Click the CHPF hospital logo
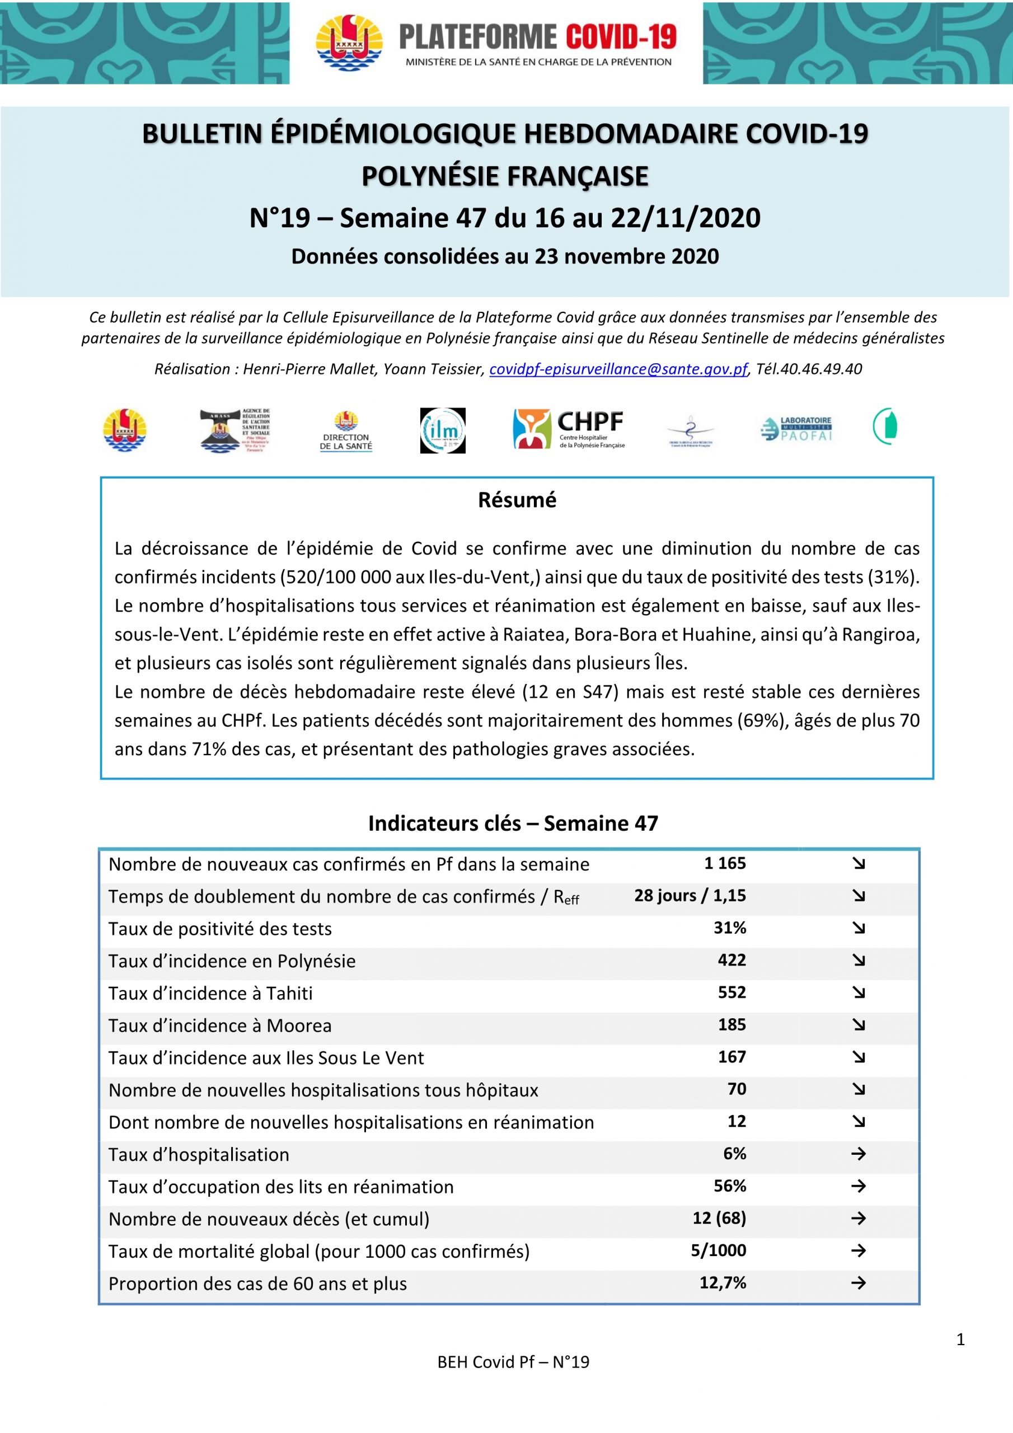click(x=568, y=429)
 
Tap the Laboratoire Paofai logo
click(x=796, y=429)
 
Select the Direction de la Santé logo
click(x=346, y=430)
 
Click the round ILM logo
click(x=443, y=430)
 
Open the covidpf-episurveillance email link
click(x=618, y=369)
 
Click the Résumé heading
click(x=517, y=500)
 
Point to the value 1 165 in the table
click(x=725, y=863)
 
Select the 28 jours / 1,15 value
click(x=690, y=896)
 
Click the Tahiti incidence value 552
click(x=731, y=992)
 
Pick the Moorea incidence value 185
click(x=731, y=1025)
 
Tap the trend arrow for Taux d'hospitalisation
click(x=858, y=1154)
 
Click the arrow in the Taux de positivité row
click(x=858, y=928)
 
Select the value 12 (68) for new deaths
click(x=719, y=1218)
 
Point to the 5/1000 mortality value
click(x=718, y=1251)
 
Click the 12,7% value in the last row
click(x=722, y=1283)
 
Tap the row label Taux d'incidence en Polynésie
click(x=232, y=961)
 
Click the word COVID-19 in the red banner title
click(x=621, y=38)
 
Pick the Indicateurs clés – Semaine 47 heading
click(x=513, y=823)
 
